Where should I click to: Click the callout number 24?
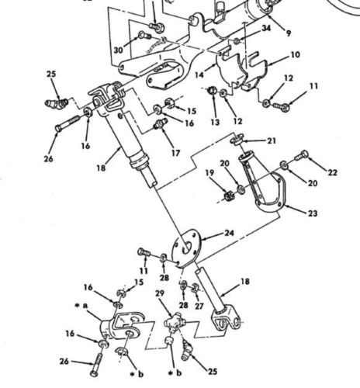229,233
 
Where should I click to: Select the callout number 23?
313,213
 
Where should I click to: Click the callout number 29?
160,293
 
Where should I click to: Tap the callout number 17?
175,153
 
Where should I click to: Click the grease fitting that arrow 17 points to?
161,123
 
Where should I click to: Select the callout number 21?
272,141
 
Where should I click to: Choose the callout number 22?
332,172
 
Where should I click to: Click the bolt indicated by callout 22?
302,156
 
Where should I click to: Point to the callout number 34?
266,28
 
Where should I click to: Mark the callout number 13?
215,122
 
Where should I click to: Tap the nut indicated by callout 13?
213,91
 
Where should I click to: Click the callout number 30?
119,50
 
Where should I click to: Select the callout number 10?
295,55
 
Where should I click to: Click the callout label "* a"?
81,306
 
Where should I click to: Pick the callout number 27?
199,307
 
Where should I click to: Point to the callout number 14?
199,75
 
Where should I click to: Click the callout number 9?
289,33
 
